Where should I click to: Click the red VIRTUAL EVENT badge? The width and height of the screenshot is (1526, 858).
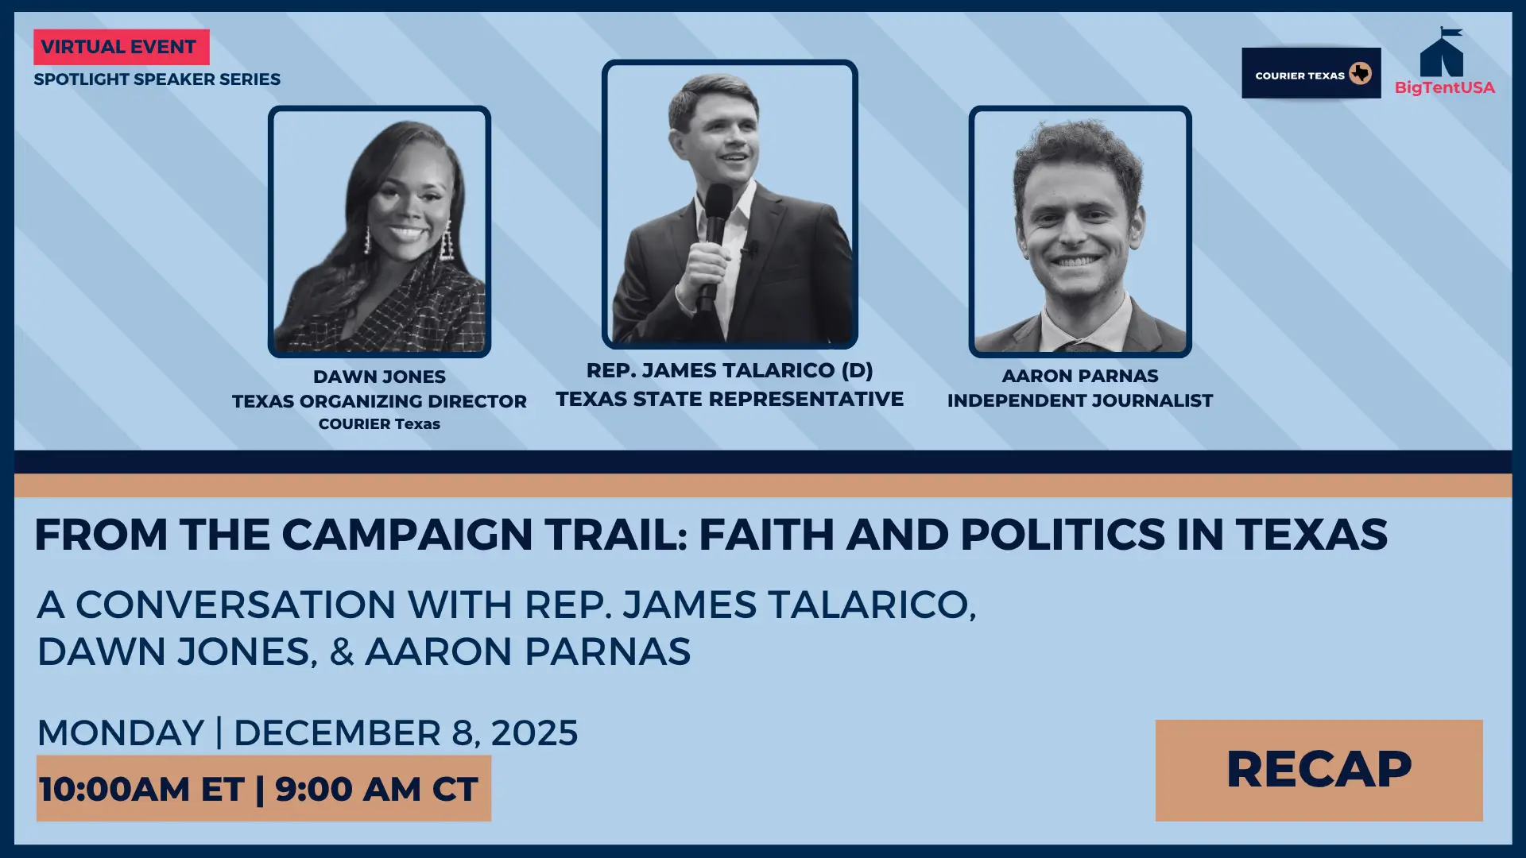click(122, 47)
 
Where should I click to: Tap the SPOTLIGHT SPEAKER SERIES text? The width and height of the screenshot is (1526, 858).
click(157, 79)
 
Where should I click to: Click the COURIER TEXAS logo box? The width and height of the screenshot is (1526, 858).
click(1311, 73)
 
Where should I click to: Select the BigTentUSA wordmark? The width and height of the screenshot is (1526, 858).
click(1445, 87)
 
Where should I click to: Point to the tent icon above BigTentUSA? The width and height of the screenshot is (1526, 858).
click(1442, 52)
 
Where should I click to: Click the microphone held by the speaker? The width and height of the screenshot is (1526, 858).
click(715, 238)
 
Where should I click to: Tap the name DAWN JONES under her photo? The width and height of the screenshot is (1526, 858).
click(379, 377)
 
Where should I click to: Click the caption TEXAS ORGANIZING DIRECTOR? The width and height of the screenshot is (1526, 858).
click(379, 401)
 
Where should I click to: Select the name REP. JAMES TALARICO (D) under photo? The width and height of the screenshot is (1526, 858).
click(730, 370)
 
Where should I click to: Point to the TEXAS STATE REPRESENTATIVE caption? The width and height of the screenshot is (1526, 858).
click(730, 399)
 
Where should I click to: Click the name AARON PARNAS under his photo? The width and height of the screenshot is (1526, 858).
click(1080, 376)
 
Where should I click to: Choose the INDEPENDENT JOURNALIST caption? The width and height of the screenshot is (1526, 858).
click(1080, 400)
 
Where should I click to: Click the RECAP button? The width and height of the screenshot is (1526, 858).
click(1319, 770)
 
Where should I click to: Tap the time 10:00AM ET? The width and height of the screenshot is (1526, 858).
click(141, 789)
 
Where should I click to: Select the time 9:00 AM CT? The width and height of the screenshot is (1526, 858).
click(376, 789)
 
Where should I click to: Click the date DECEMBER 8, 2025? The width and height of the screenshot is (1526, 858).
click(405, 732)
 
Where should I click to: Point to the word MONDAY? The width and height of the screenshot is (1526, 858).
click(121, 732)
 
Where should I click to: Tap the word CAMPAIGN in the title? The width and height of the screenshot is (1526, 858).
click(407, 534)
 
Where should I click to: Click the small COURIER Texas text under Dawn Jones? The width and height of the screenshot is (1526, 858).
click(379, 424)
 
